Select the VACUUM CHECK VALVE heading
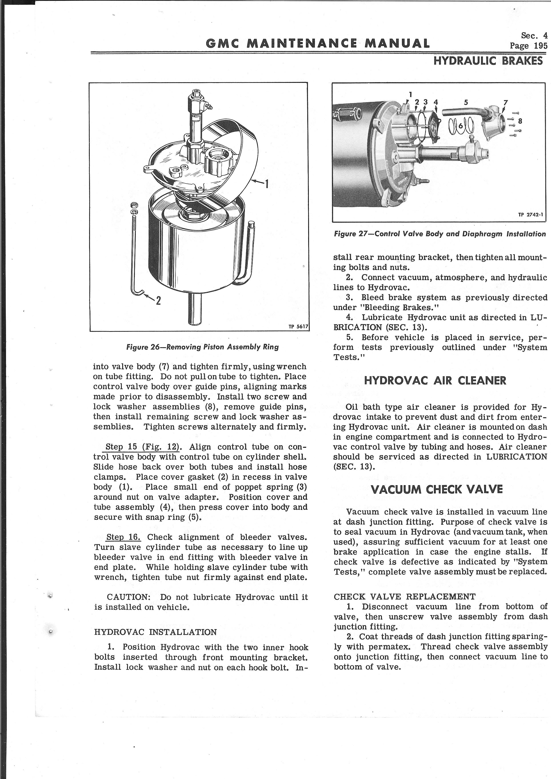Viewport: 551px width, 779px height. pos(437,490)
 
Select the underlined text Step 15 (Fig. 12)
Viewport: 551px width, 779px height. pos(142,447)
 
